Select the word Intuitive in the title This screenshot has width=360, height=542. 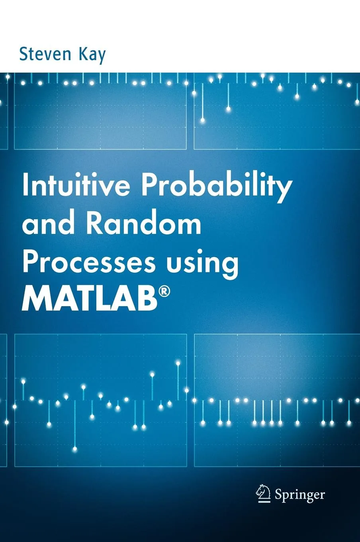click(76, 186)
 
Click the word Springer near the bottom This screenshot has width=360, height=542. click(300, 495)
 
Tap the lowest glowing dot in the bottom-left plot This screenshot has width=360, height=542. click(75, 449)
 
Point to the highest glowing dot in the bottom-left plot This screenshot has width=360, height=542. click(178, 363)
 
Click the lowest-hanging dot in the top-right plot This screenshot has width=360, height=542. click(203, 120)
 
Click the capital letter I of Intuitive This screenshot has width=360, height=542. click(26, 186)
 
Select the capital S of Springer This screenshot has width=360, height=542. click(279, 494)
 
